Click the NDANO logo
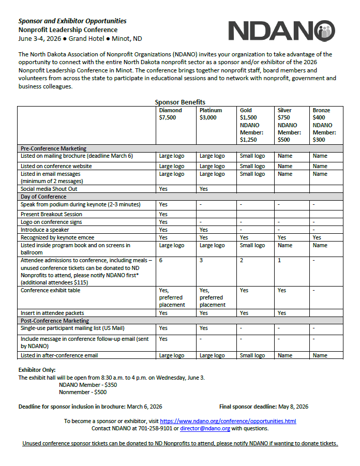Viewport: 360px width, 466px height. pyautogui.click(x=282, y=31)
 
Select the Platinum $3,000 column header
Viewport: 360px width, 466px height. pyautogui.click(x=211, y=114)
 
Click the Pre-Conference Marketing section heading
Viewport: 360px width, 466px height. pyautogui.click(x=53, y=148)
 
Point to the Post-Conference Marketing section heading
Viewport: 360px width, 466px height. pyautogui.click(x=55, y=321)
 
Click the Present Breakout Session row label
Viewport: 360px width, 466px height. pyautogui.click(x=51, y=214)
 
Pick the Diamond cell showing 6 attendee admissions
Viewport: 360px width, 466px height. pyautogui.click(x=161, y=260)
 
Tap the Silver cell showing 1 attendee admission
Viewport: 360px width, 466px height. pyautogui.click(x=279, y=260)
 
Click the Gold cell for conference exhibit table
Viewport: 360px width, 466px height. pyautogui.click(x=244, y=290)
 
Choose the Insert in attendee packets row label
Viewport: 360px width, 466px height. pyautogui.click(x=52, y=313)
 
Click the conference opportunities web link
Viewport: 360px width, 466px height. pyautogui.click(x=228, y=421)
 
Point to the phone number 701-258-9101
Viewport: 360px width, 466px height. pyautogui.click(x=156, y=428)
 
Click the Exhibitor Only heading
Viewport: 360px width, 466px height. pyautogui.click(x=37, y=370)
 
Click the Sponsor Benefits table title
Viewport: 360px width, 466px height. pyautogui.click(x=180, y=102)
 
